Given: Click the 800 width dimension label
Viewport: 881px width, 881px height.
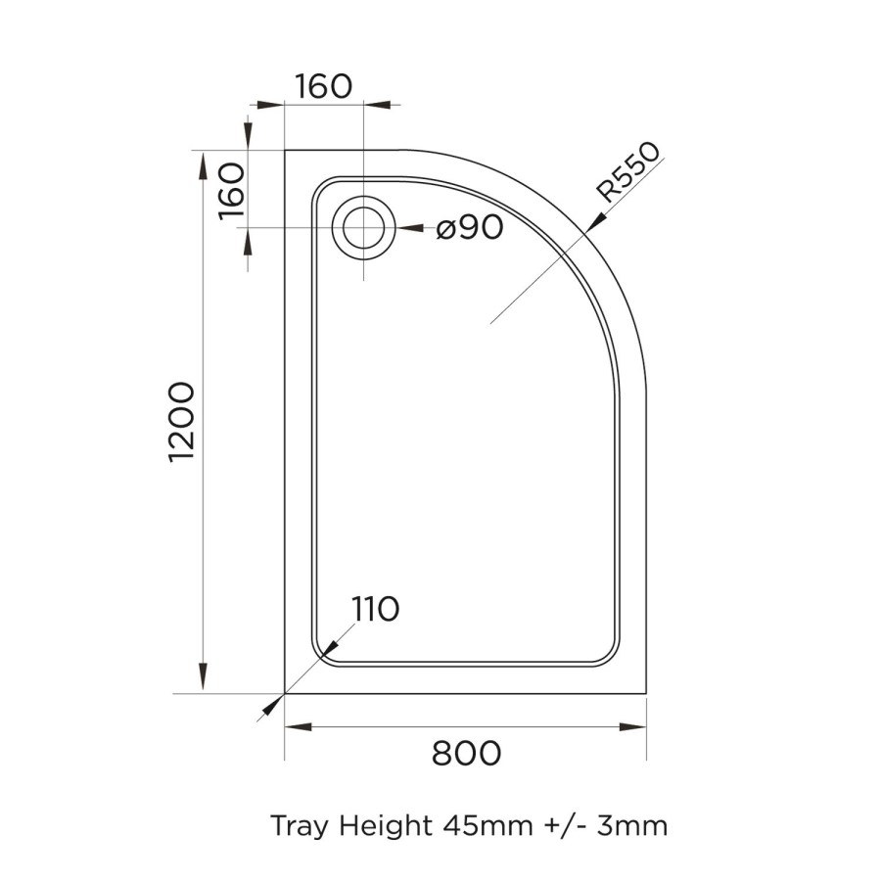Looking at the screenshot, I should pos(466,754).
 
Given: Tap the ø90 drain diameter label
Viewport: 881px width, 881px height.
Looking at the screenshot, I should pos(470,228).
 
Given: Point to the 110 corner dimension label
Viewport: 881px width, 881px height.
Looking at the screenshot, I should pos(375,609).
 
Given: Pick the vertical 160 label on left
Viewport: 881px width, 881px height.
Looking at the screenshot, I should pos(231,191).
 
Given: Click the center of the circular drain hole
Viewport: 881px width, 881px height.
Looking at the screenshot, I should pos(364,228).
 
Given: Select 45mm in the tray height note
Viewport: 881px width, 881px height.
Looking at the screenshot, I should pos(484,826).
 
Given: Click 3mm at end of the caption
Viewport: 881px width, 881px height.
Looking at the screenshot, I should pos(634,826).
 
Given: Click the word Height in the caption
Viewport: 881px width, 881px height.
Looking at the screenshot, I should pos(386,826).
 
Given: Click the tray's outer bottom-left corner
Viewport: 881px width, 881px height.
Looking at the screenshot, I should pos(285,693).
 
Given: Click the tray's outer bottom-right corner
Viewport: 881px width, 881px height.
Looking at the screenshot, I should pos(646,693).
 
